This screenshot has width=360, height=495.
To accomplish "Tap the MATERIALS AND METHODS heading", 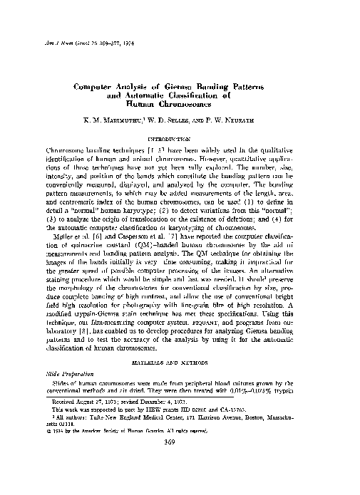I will tap(179, 363).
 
